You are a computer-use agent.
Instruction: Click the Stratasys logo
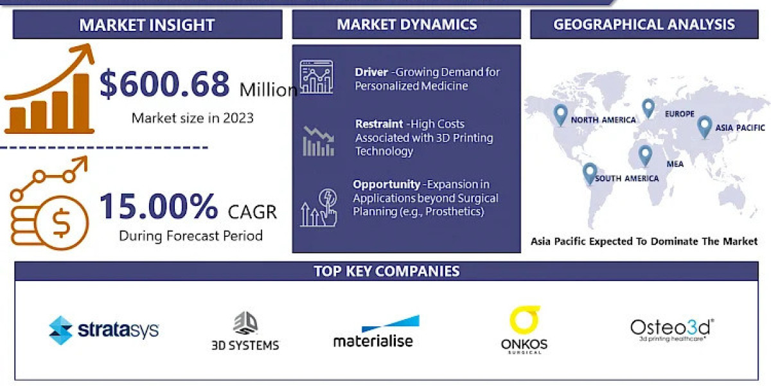point(103,331)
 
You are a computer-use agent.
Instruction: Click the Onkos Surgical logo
point(524,330)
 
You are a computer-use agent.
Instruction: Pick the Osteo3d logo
point(672,329)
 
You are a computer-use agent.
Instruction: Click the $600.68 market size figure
point(164,86)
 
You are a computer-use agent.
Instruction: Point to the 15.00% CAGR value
point(159,207)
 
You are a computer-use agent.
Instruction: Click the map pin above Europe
point(648,107)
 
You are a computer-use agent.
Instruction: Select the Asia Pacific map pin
point(704,125)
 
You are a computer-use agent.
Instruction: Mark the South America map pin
point(589,172)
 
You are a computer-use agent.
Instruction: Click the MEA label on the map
point(675,164)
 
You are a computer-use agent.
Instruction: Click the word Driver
point(371,72)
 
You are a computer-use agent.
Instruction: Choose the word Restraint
point(378,124)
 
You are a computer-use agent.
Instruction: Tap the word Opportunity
point(387,185)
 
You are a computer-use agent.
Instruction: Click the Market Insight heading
point(147,25)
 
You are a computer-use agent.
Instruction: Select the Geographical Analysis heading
point(644,24)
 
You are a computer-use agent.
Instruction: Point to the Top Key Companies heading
point(386,271)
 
